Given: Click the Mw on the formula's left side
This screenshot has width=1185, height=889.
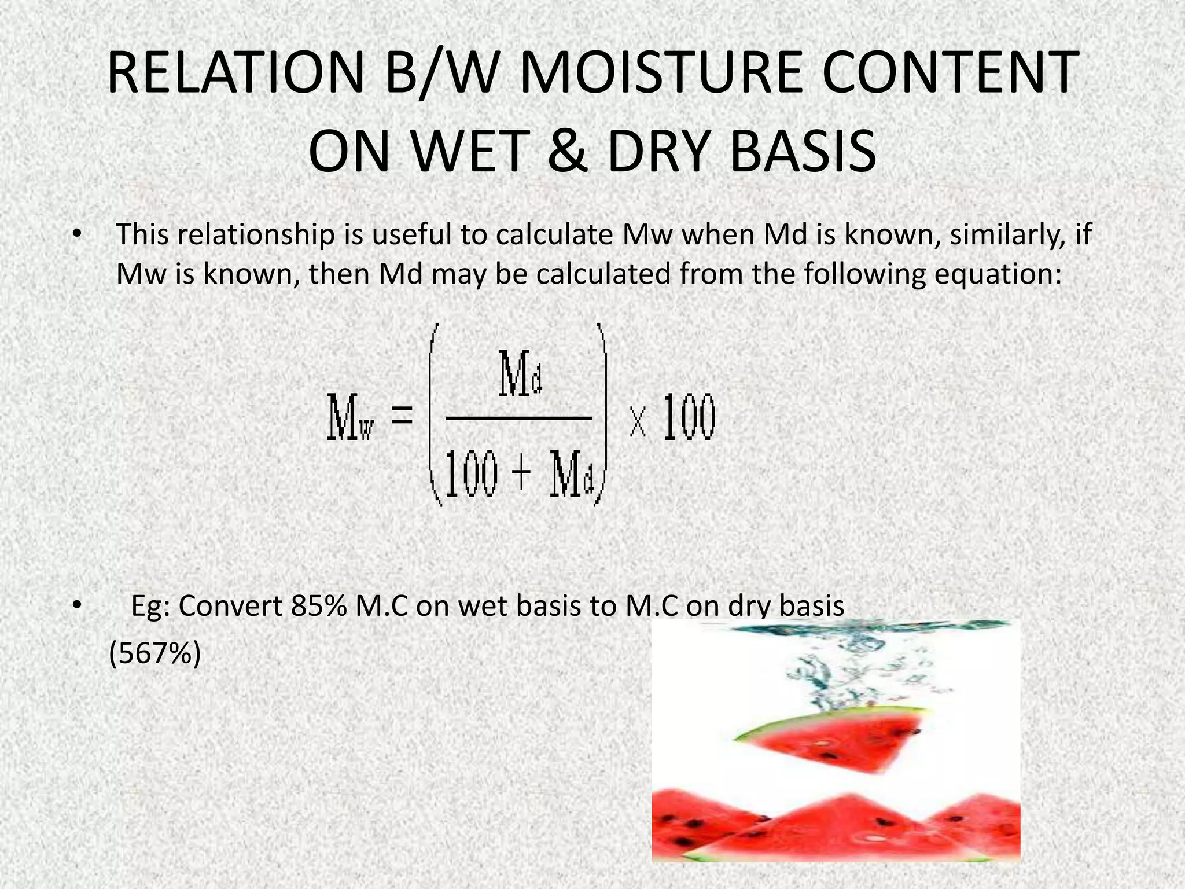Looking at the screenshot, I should click(351, 417).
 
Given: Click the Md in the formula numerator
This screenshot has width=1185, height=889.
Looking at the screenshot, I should click(521, 374).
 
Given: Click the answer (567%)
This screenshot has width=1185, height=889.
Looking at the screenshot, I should click(155, 655).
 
